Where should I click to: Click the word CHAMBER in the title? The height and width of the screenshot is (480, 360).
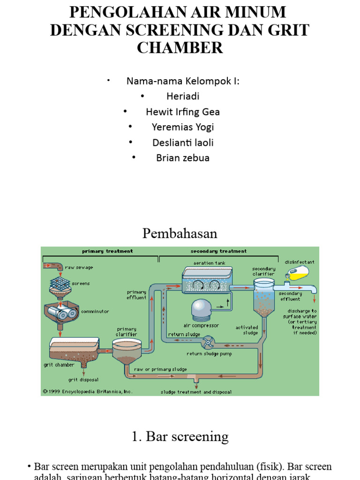point(180,47)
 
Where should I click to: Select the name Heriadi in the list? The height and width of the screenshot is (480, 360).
point(183,97)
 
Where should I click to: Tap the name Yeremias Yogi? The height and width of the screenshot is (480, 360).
point(183,127)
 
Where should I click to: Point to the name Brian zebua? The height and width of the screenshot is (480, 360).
point(183,158)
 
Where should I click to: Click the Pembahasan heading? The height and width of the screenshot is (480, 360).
point(180,233)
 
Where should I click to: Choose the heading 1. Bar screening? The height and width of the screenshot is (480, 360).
point(180,437)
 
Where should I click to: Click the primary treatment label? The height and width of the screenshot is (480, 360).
point(107,251)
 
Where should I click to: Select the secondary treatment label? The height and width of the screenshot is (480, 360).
point(218,251)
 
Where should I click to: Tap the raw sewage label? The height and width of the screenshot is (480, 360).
point(79,267)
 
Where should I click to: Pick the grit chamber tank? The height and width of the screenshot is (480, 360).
point(74,349)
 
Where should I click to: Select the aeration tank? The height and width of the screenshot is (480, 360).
point(207,280)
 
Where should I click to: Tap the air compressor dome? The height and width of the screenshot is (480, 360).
point(202,309)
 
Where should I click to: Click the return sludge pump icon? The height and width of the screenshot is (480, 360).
point(210,343)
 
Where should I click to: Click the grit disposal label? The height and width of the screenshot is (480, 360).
point(83,380)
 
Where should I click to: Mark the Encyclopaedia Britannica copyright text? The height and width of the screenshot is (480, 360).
point(88,391)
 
